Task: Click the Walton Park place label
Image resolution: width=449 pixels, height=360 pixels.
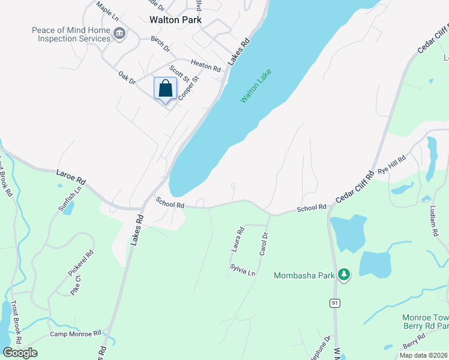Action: (x=175, y=19)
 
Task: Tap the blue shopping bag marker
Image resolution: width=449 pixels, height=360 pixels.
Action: (x=166, y=89)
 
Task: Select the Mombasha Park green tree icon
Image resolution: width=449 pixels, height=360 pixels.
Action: (x=343, y=275)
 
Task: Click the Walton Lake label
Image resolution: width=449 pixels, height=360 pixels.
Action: (x=256, y=86)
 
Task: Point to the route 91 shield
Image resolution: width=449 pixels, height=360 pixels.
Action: (x=334, y=304)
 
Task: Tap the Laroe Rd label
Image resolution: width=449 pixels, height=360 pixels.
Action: (x=71, y=179)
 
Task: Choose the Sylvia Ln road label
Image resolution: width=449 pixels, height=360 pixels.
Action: (x=243, y=269)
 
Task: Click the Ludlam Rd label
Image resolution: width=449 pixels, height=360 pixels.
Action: (x=433, y=223)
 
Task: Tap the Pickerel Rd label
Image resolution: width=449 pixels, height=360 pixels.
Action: (x=81, y=263)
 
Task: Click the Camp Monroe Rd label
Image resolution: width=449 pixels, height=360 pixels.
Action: (x=76, y=334)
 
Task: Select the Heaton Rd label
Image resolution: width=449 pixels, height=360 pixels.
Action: (x=206, y=65)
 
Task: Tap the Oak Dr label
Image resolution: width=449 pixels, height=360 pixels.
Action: (x=127, y=77)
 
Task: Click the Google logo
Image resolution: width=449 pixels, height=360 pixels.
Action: (x=20, y=352)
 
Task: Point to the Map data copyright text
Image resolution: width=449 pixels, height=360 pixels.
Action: (x=423, y=355)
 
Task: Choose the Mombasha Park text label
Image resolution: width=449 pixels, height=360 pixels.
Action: (x=303, y=276)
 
